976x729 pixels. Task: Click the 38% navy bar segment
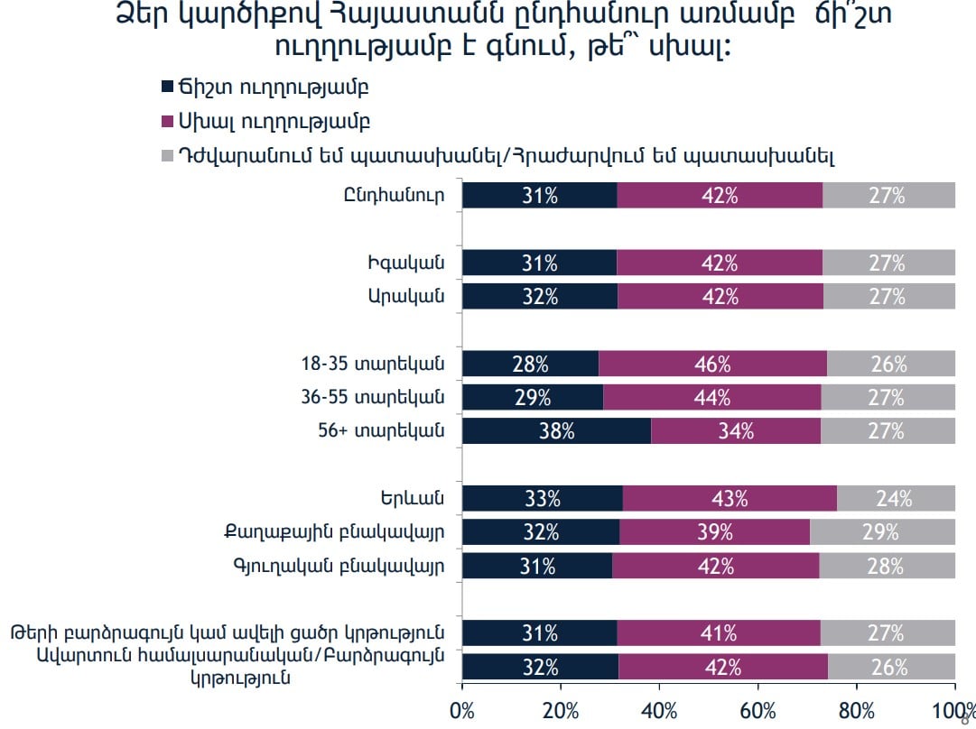coord(556,430)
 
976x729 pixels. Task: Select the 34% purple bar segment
coord(736,430)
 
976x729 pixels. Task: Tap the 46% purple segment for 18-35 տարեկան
coord(712,364)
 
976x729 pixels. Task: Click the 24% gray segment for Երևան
coord(896,498)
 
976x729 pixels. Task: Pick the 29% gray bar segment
coord(882,531)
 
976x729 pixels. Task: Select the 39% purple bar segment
coord(715,531)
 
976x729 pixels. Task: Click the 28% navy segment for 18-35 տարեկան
coord(530,364)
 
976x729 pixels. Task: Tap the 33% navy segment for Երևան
coord(542,498)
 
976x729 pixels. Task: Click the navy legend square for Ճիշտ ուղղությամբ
coord(166,88)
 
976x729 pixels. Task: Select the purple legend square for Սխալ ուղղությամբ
coord(166,121)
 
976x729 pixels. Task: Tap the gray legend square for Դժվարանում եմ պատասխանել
coord(166,155)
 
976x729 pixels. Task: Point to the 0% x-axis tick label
coord(462,711)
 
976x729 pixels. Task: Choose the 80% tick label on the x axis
coord(856,711)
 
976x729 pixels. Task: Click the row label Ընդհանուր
coord(395,195)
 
